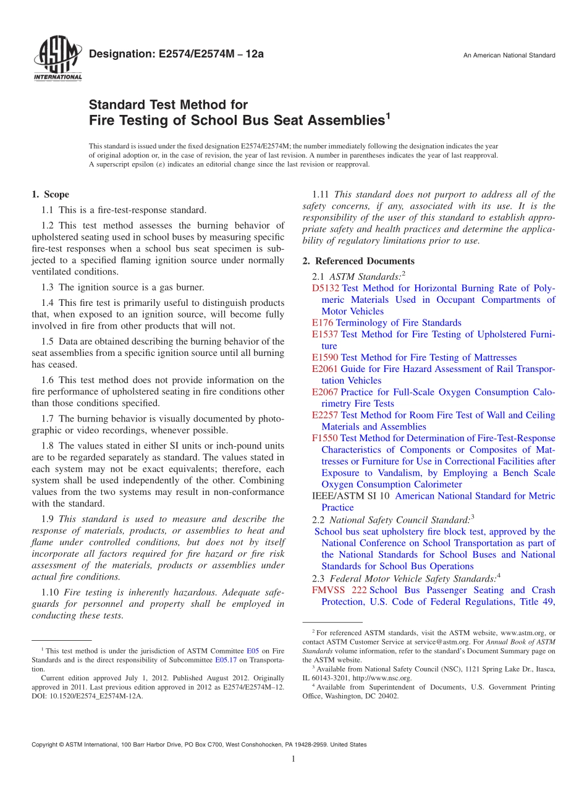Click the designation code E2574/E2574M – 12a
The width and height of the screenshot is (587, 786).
[176, 54]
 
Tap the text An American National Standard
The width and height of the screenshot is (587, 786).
[509, 56]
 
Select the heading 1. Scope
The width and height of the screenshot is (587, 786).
[50, 195]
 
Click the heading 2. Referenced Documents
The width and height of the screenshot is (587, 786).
[358, 261]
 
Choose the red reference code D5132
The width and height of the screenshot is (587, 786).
[326, 289]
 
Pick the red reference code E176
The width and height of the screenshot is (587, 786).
[323, 323]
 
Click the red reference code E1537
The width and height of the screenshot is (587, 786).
[325, 334]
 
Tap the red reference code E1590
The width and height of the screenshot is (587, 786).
[325, 358]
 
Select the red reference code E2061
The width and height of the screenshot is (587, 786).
[325, 369]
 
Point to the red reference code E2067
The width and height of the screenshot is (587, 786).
[325, 392]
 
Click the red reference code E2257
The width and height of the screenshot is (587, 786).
[325, 415]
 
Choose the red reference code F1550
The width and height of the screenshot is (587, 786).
[325, 439]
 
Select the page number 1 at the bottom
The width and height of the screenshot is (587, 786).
[293, 759]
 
